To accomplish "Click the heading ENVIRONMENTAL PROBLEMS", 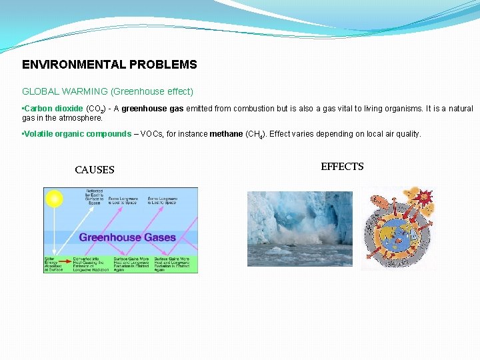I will point(109,65).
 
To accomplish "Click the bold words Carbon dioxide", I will point(54,109).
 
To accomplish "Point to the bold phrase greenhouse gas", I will point(153,109).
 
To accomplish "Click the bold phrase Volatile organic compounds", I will point(78,134).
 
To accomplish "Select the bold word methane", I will point(226,134).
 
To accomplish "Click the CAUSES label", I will point(95,170).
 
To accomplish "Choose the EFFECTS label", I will point(342,167).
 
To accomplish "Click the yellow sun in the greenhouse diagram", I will point(53,198).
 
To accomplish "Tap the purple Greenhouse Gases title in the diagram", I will point(127,237).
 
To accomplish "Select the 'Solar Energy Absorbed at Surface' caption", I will point(53,264).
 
